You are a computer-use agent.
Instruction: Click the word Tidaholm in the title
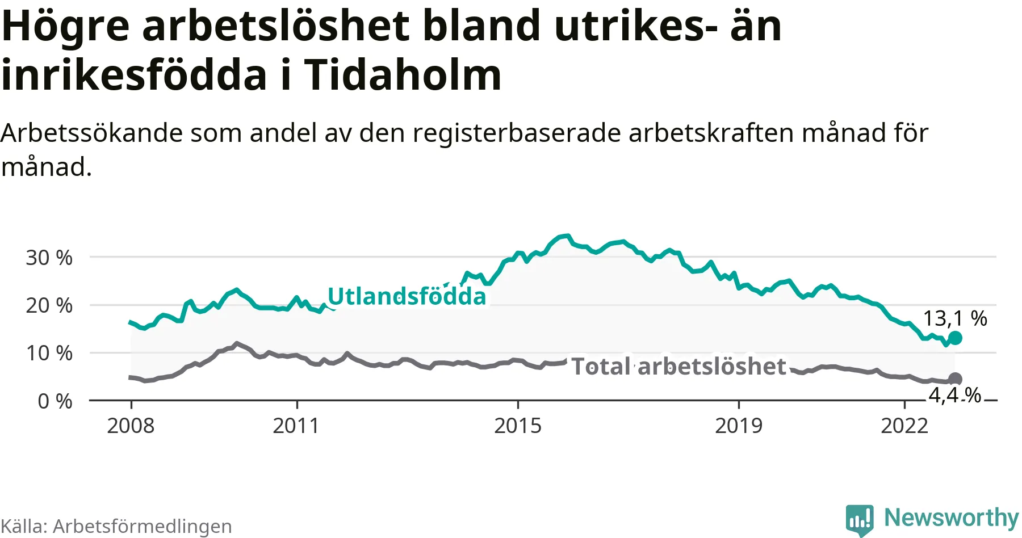point(403,75)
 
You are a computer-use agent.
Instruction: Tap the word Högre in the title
point(66,26)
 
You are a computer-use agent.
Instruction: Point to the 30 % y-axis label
point(49,258)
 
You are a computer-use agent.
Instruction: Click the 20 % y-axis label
point(49,305)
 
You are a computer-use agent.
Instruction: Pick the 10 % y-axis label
point(49,353)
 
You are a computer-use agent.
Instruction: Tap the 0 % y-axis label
point(55,401)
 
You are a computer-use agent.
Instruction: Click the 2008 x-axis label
point(131,426)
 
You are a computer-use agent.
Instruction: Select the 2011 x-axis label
point(296,426)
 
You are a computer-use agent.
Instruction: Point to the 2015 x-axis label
point(518,426)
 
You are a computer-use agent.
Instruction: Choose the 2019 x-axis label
point(738,426)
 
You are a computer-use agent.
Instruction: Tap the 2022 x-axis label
point(904,426)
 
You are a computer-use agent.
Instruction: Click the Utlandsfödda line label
point(407,296)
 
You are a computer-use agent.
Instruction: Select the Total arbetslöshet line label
point(678,367)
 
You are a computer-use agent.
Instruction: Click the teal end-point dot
point(956,338)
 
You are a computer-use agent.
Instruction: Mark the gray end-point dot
point(956,379)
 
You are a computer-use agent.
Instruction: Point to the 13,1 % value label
point(955,318)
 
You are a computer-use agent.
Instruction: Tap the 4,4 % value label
point(955,395)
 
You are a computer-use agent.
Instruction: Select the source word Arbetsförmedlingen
point(143,527)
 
